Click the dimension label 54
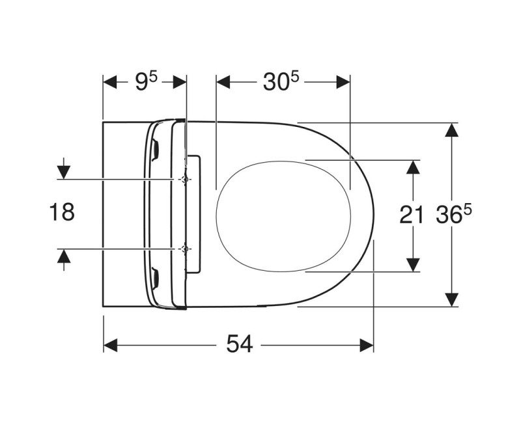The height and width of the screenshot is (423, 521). (239, 344)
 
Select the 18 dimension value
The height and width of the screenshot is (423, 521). (62, 212)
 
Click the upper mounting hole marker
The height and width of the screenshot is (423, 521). (185, 179)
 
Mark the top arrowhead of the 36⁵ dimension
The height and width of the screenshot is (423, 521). (450, 130)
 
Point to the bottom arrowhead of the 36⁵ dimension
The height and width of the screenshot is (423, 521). (450, 299)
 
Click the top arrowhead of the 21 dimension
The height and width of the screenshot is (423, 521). (412, 167)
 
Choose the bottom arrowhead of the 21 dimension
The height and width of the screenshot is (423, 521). (412, 264)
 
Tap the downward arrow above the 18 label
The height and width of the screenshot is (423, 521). (63, 171)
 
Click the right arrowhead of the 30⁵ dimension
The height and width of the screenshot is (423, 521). (343, 82)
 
